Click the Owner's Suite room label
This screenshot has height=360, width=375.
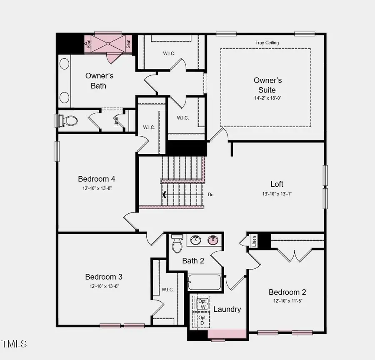tap(268, 85)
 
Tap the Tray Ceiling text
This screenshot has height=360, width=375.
tap(267, 43)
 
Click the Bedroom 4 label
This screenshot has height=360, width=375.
tap(96, 179)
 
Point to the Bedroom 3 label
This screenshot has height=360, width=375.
tap(104, 277)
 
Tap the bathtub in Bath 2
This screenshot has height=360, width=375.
tap(204, 282)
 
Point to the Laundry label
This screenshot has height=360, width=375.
tap(227, 309)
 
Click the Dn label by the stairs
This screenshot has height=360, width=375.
tap(211, 194)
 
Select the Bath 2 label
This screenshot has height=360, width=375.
tap(193, 261)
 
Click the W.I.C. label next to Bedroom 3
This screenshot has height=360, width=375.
tap(167, 290)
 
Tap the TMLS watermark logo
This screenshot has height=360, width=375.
tap(15, 344)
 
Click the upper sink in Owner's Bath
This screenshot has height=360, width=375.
tap(65, 64)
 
